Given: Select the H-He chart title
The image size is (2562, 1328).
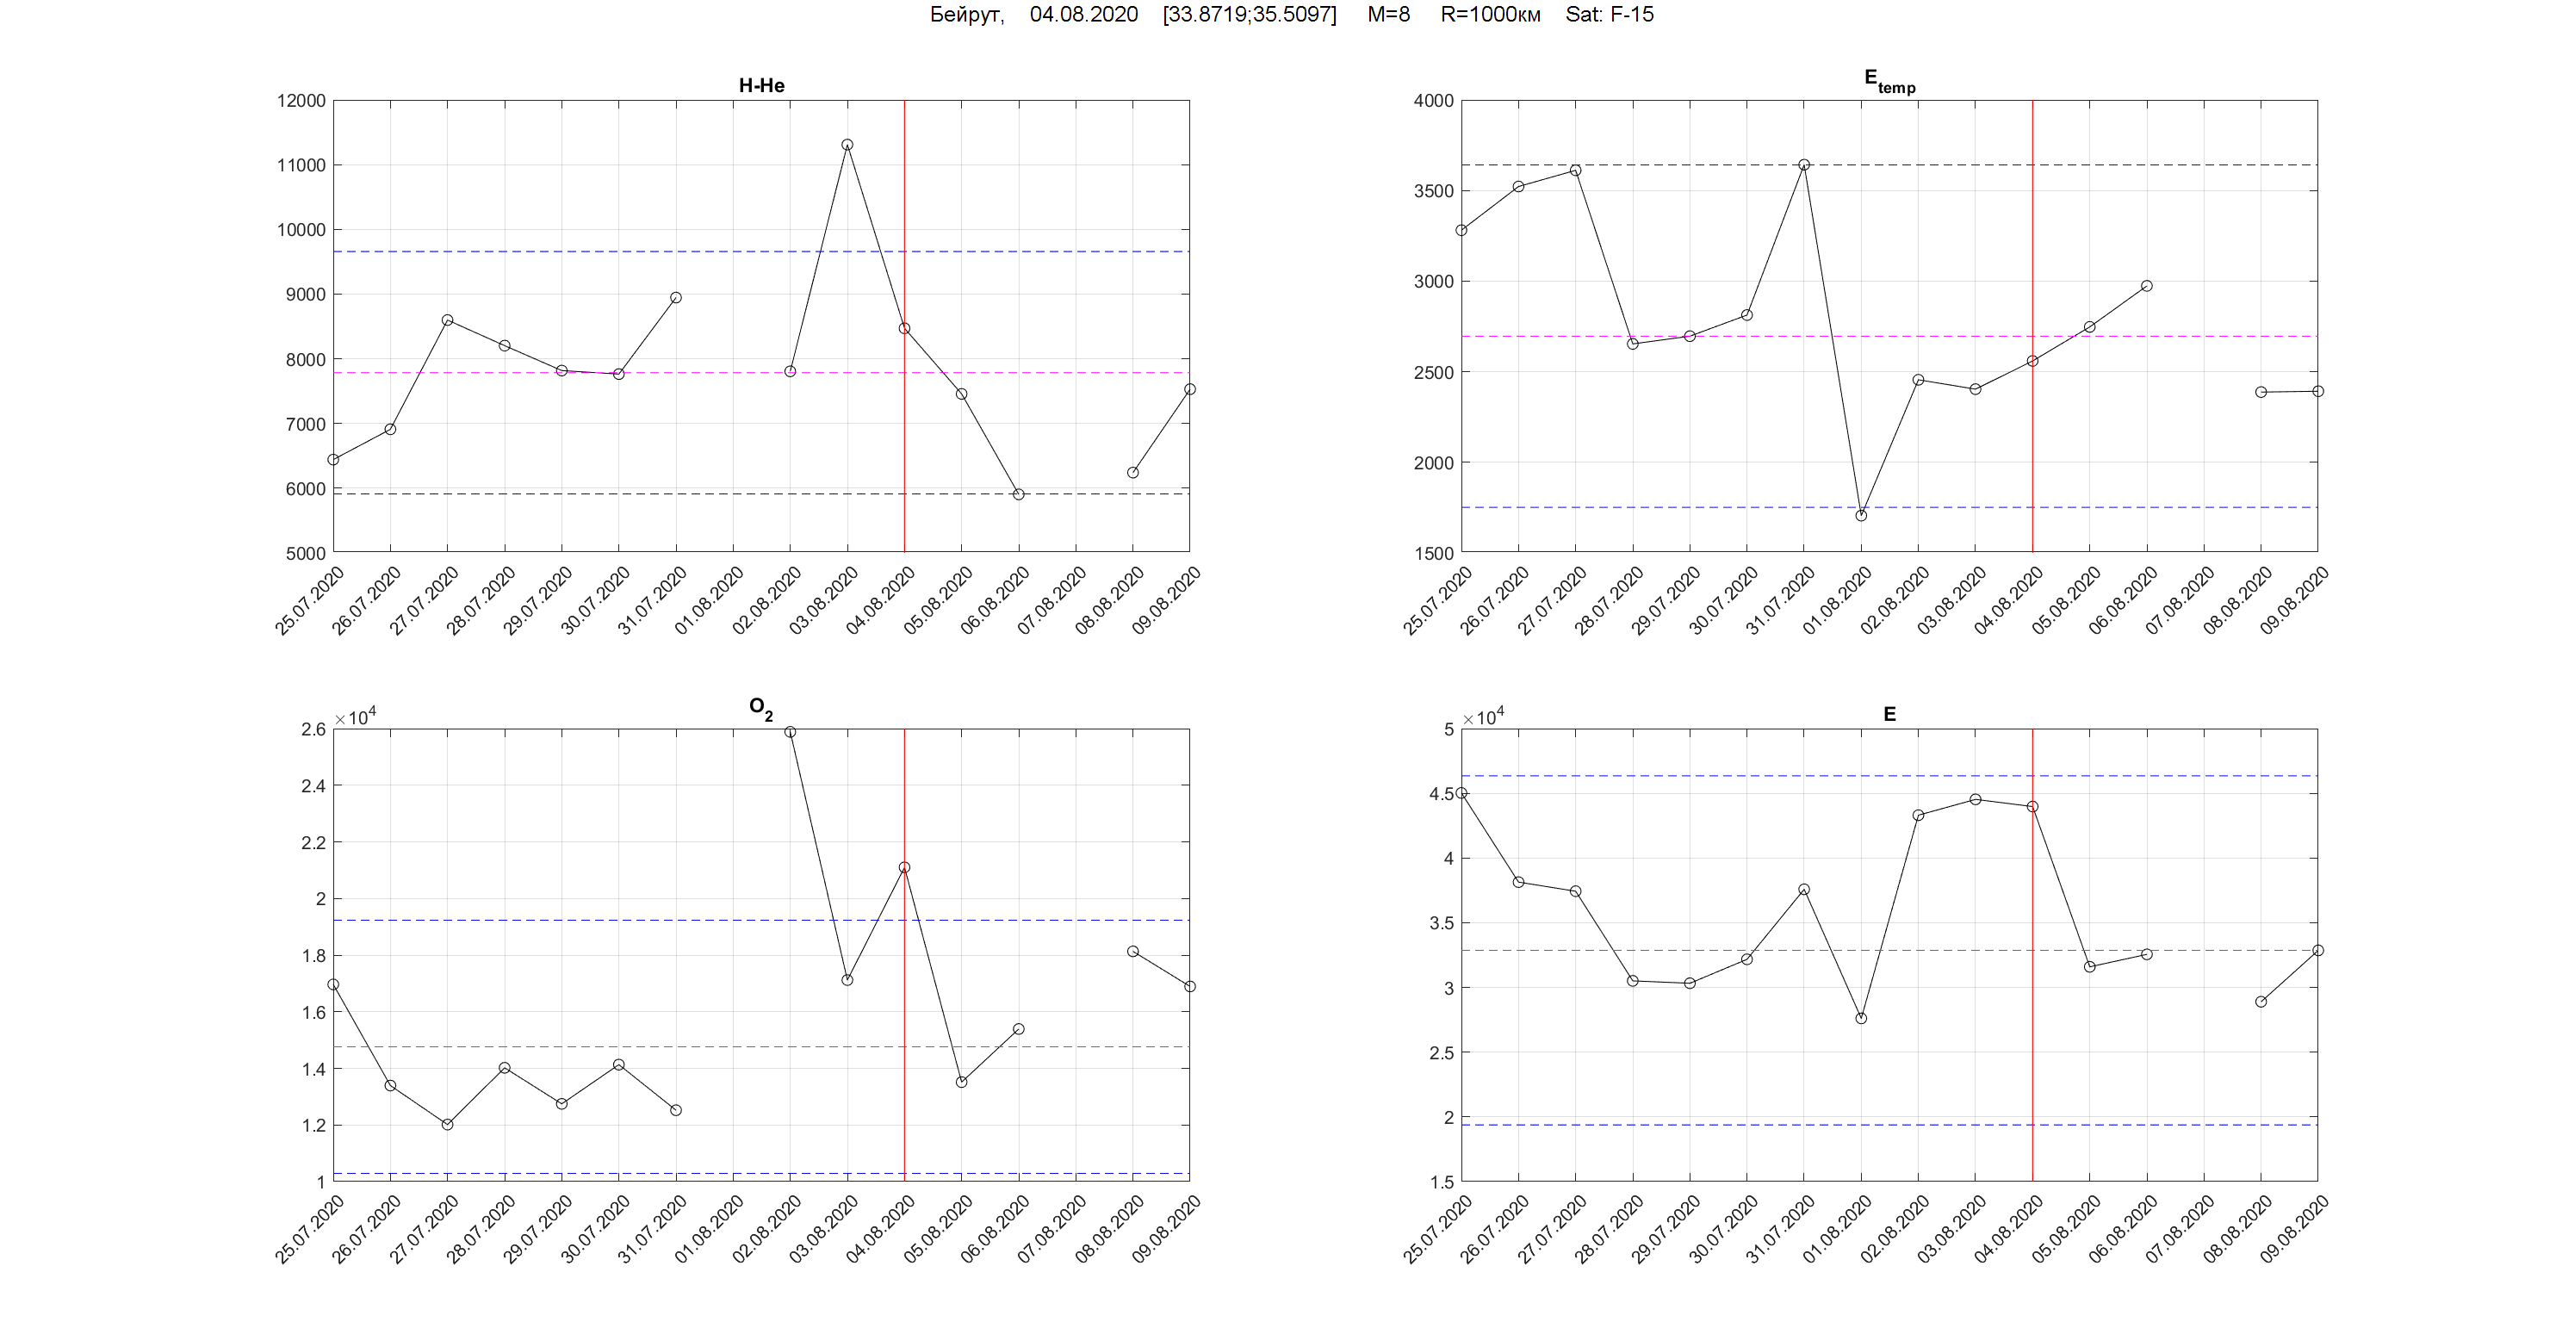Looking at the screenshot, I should click(762, 85).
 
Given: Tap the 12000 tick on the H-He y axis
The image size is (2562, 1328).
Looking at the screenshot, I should click(301, 101).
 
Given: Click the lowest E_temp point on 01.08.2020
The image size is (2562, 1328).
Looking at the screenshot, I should click(1861, 515).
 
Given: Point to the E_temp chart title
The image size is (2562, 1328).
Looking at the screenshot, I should click(1889, 82).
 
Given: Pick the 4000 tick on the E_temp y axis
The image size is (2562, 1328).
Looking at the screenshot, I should click(1433, 101).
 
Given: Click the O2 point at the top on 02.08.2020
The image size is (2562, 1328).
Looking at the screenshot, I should click(790, 732).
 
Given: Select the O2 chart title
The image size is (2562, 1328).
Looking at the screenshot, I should click(760, 707).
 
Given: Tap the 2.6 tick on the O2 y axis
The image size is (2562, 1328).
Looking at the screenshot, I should click(313, 729).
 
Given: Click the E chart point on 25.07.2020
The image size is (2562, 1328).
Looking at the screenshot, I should click(1461, 793).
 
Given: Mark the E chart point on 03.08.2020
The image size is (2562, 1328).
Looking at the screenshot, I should click(1976, 800).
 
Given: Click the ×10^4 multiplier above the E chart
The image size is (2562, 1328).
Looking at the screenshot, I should click(1483, 717).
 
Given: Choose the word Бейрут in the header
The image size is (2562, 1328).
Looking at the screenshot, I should click(965, 14).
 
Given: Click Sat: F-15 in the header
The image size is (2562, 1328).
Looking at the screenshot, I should click(1610, 14).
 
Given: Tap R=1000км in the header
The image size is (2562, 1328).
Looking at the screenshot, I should click(1490, 14).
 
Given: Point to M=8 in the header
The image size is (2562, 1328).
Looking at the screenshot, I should click(1388, 14).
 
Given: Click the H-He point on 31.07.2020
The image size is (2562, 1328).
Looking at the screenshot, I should click(676, 297).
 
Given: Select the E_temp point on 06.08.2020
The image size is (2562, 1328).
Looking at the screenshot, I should click(2146, 287).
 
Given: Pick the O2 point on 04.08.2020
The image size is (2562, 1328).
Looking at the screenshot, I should click(904, 867).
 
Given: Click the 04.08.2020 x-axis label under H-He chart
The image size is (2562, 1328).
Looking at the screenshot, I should click(881, 599).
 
